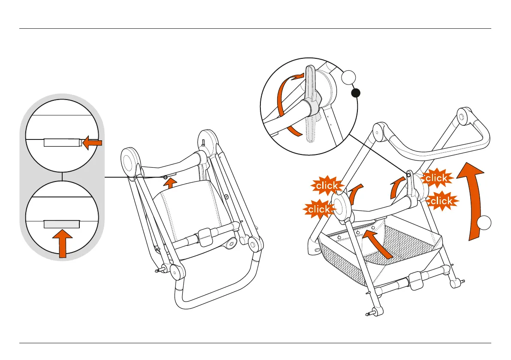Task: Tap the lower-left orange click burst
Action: tap(318, 209)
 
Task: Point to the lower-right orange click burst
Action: tap(441, 201)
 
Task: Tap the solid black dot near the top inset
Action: tap(356, 93)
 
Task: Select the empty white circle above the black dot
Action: tap(349, 79)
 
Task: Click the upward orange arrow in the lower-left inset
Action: tap(63, 242)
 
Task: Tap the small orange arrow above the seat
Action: tap(171, 184)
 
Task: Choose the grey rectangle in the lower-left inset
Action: tap(62, 224)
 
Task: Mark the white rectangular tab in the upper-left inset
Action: tap(62, 142)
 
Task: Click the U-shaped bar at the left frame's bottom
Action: tap(215, 296)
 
